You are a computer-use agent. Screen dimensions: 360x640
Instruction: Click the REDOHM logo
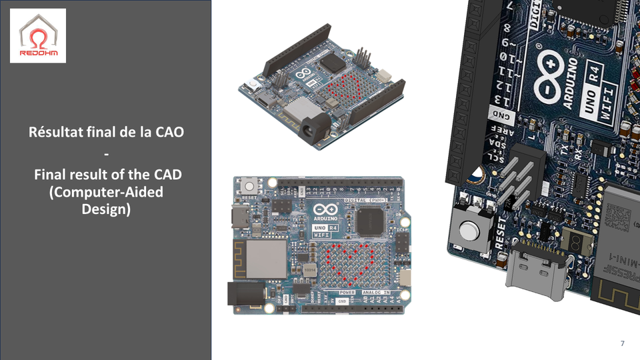38,36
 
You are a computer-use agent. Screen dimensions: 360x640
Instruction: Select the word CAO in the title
169,132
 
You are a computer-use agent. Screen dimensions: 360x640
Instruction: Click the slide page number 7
622,343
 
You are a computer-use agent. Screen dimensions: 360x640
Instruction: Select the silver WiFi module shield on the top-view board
262,258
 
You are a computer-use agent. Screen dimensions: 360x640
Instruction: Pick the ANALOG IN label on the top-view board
376,293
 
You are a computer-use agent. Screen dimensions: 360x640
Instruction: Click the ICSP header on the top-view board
402,243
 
